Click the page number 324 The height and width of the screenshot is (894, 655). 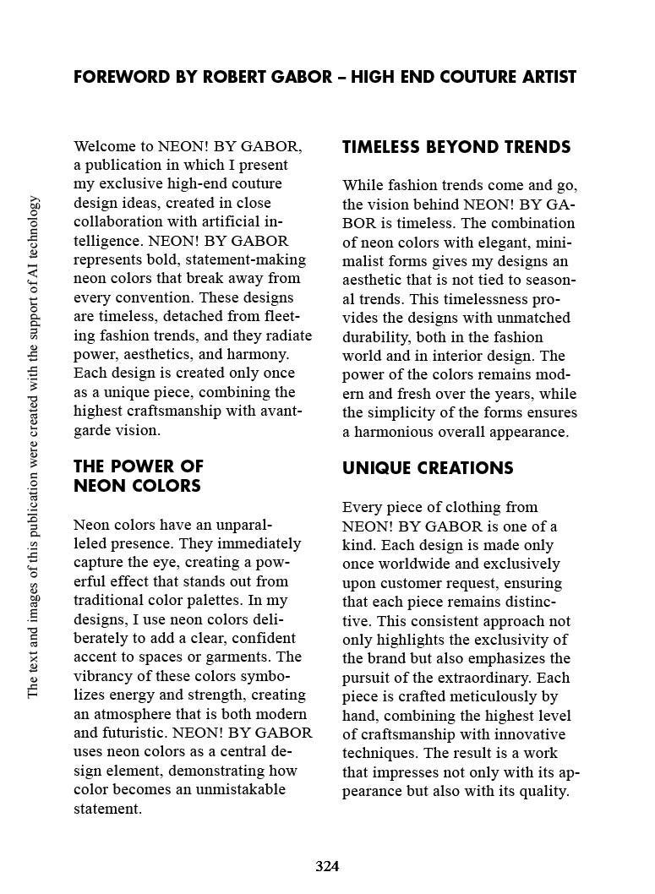327,866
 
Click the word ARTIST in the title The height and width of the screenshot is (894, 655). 546,78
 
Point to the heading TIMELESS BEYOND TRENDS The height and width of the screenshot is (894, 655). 456,147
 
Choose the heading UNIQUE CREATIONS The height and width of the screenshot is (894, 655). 428,468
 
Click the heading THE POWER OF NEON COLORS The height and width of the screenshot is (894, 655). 138,476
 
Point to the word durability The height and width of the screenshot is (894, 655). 375,337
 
